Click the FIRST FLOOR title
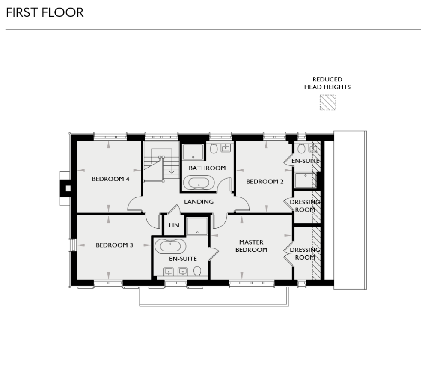[45, 12]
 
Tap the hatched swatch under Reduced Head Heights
[327, 103]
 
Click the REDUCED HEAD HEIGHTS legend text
[327, 83]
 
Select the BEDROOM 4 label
[110, 179]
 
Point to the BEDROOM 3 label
[114, 245]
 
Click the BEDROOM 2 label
[265, 181]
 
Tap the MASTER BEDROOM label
[251, 246]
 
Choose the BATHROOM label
[207, 168]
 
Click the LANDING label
[199, 201]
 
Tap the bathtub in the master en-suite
[171, 246]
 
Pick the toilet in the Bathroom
[214, 149]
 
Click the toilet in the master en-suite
[197, 271]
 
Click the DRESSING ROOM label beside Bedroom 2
[305, 206]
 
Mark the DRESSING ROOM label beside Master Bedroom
[305, 254]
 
